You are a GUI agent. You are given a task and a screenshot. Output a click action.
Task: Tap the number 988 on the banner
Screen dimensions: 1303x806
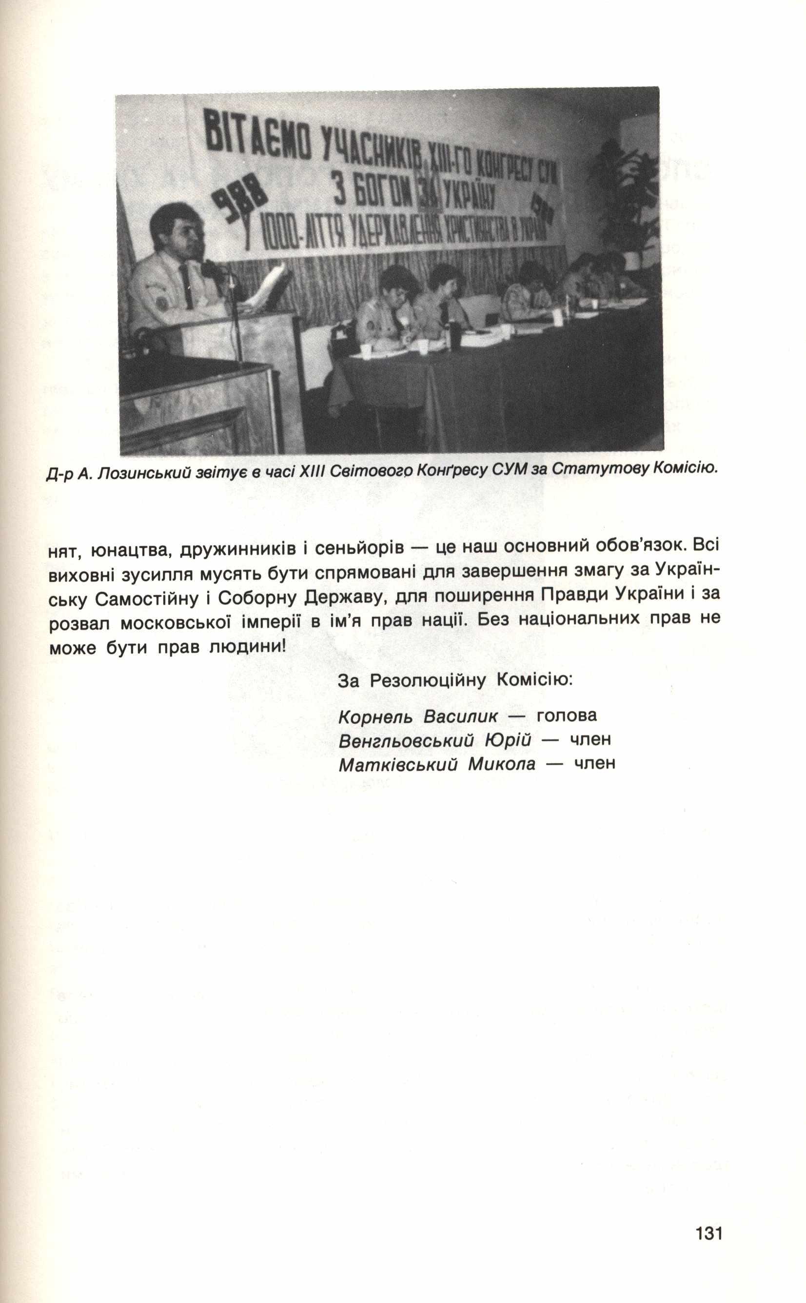click(x=241, y=202)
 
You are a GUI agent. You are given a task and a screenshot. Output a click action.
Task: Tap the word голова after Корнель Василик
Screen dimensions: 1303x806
click(x=567, y=715)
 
